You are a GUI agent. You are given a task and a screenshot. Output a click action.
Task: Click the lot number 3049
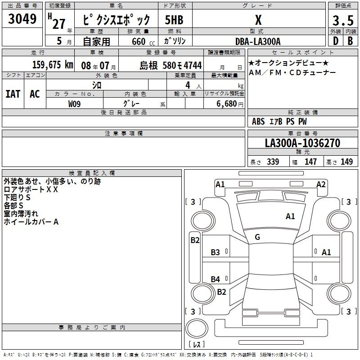click(22, 19)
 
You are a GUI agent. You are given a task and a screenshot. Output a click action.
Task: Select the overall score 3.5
click(343, 21)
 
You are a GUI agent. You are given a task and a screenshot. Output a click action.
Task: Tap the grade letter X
click(258, 20)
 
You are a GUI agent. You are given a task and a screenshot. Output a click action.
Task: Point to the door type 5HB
click(174, 20)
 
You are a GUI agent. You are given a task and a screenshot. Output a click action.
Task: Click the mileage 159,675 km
click(53, 65)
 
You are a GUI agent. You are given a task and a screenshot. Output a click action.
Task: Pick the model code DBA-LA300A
click(258, 41)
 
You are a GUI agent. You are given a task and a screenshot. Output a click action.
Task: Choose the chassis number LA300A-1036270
click(302, 143)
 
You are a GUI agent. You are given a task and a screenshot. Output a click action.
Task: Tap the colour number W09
click(74, 104)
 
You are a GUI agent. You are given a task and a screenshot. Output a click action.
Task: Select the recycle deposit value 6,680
click(226, 104)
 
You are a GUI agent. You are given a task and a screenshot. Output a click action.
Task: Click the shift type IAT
click(13, 94)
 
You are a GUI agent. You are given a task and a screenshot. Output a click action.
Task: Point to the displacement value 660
click(139, 42)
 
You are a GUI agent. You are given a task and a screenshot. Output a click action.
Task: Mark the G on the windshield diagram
click(257, 237)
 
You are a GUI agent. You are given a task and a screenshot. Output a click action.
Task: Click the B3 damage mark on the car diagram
click(216, 252)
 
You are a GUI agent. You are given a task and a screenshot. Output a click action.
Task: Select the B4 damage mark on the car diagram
click(216, 279)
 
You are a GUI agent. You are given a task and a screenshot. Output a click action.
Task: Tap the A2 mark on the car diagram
click(321, 184)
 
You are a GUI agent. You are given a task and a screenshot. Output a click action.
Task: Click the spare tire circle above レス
click(197, 328)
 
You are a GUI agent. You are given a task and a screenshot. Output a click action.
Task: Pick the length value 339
click(273, 162)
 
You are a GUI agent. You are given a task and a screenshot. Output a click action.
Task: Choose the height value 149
click(346, 162)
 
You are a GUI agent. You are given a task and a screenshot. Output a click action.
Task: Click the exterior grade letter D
click(336, 41)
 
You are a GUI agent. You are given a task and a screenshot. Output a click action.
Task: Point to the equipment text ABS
click(258, 121)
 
